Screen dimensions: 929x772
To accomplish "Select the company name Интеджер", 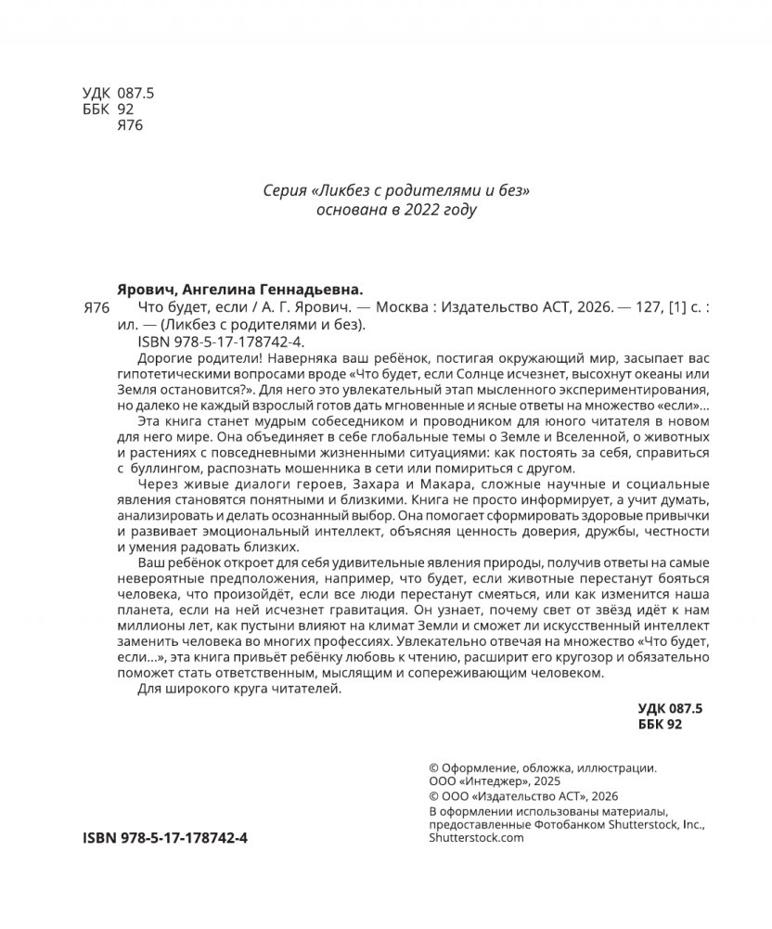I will [497, 782].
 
